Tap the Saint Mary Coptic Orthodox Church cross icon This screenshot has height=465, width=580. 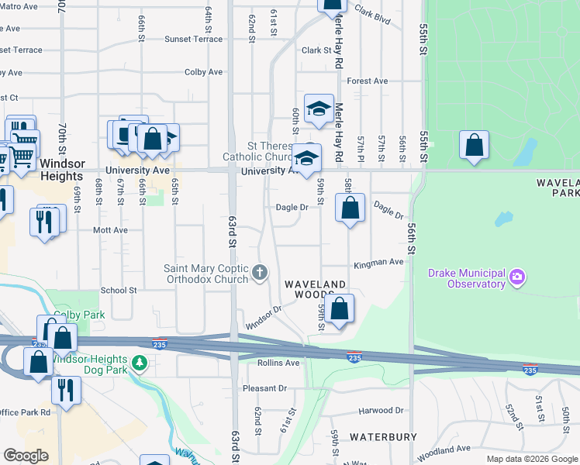tap(260, 273)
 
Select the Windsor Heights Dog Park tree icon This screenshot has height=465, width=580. tap(139, 363)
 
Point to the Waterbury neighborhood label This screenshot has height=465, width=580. tap(383, 437)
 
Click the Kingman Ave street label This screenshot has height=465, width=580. tap(378, 263)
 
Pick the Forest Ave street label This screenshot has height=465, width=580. tap(368, 81)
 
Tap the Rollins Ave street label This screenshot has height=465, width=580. tap(280, 363)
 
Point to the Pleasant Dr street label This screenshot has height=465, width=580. tap(264, 388)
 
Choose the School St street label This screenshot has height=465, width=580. tap(119, 291)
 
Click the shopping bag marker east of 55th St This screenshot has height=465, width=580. tap(474, 145)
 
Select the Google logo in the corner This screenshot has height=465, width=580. tap(26, 456)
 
